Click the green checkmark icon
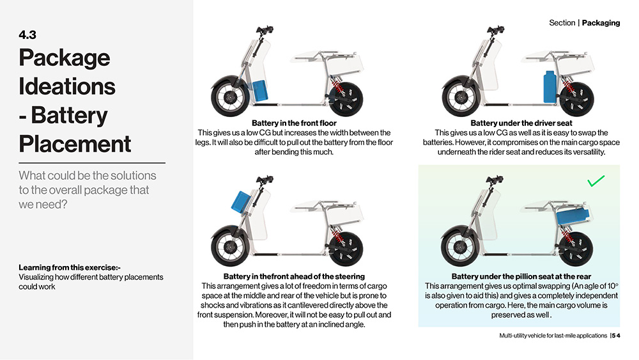[596, 183]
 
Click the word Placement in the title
[75, 143]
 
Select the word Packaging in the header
[601, 23]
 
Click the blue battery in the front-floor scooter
[261, 91]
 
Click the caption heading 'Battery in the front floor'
[294, 123]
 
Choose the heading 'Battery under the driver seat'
[521, 123]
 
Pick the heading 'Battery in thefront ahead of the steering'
[294, 277]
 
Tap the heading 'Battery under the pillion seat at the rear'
[521, 277]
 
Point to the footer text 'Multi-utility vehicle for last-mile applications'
[553, 336]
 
